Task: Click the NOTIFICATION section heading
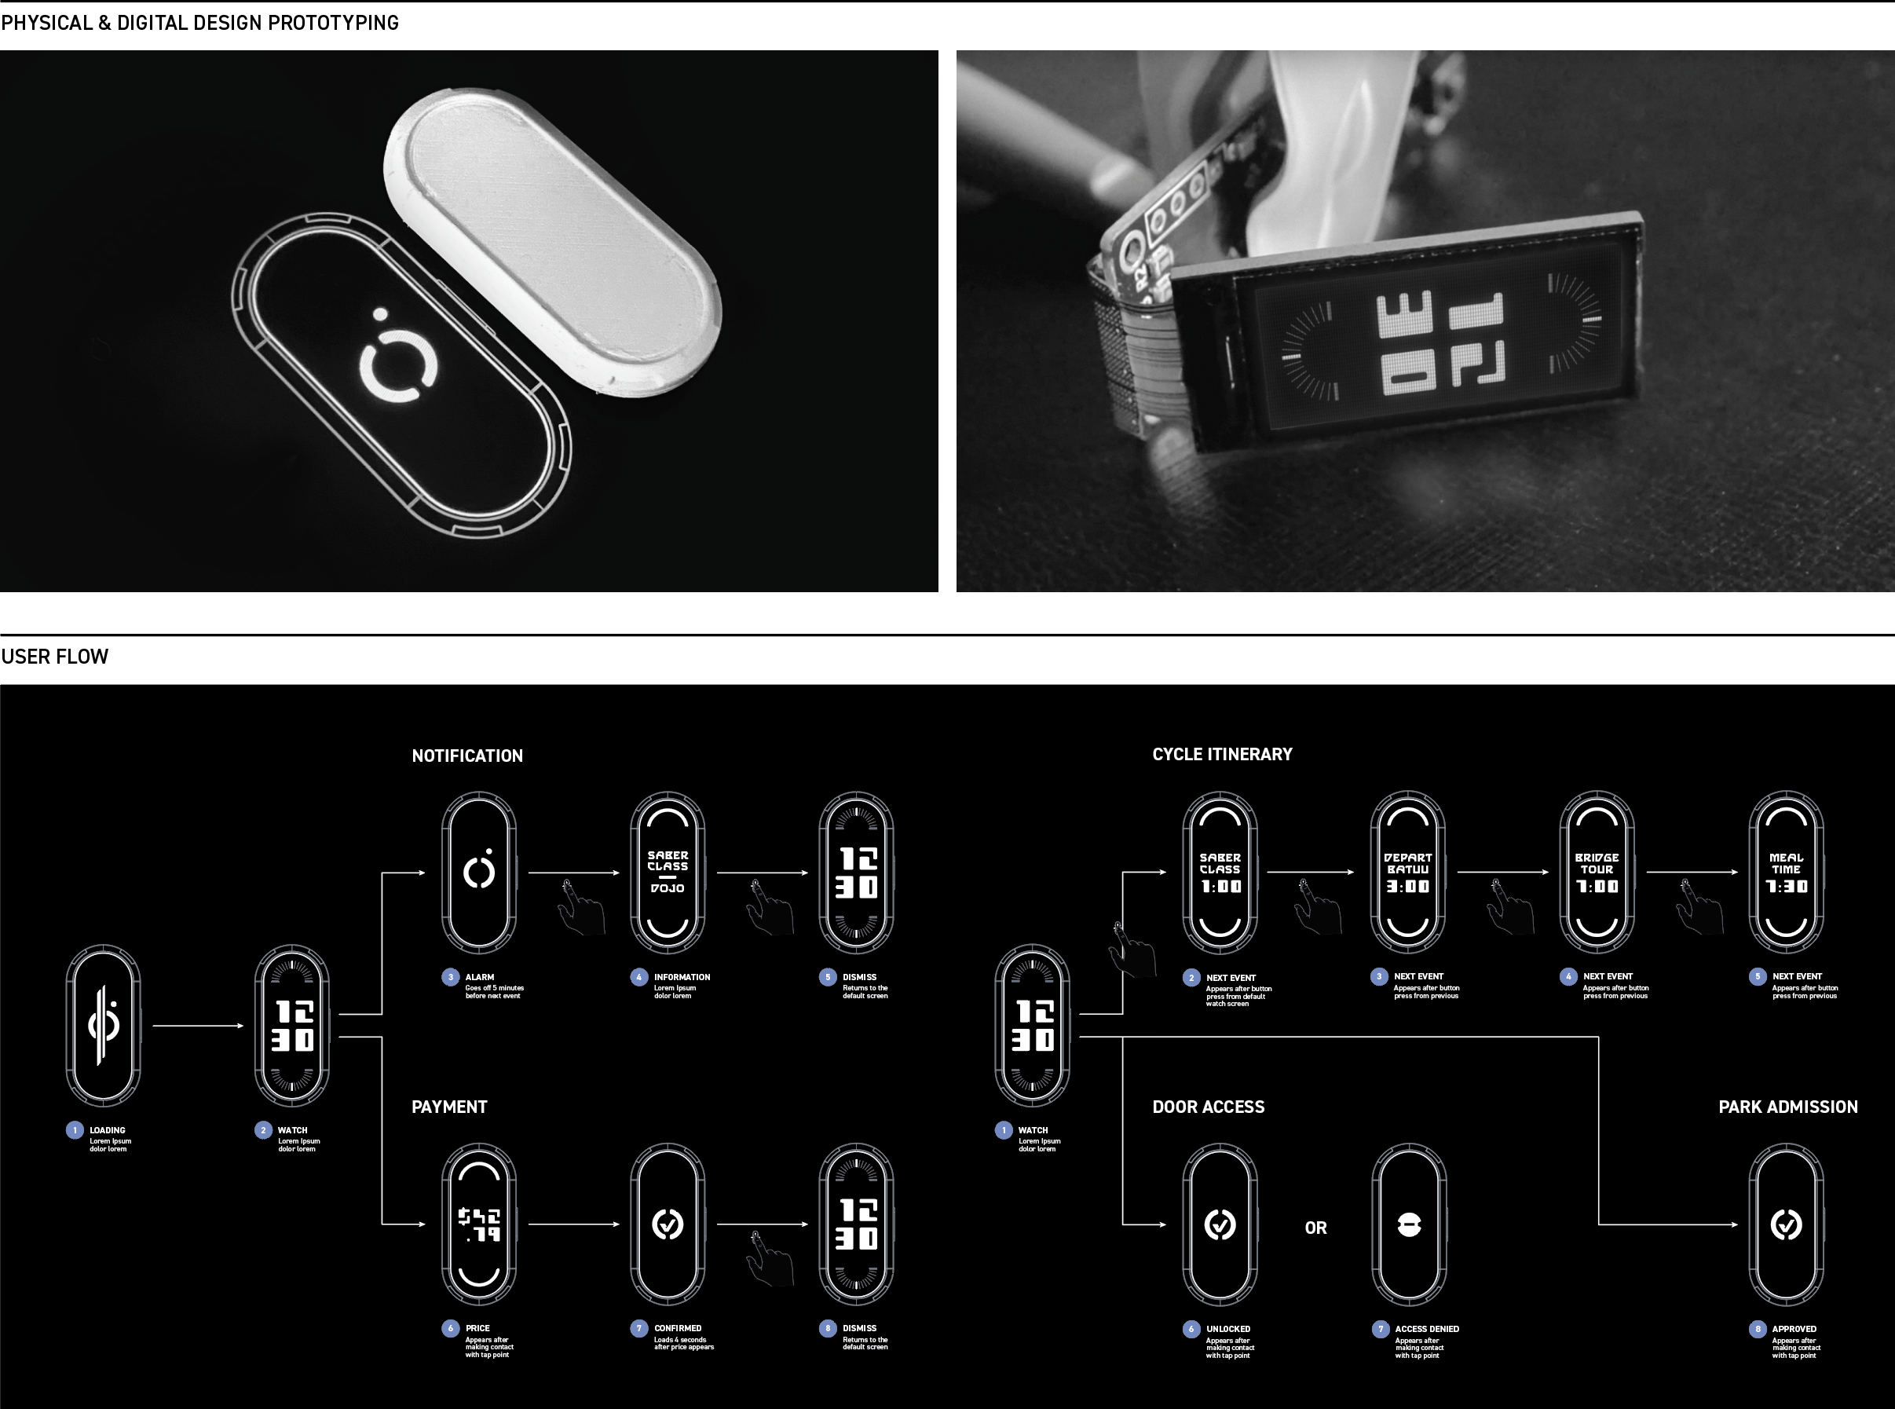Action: click(x=466, y=756)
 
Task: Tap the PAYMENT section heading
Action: click(x=448, y=1107)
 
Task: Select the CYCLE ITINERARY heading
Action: click(x=1221, y=754)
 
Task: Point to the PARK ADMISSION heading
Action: click(x=1787, y=1107)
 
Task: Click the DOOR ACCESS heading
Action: click(x=1208, y=1107)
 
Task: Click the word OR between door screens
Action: click(x=1315, y=1228)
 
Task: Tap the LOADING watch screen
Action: click(x=103, y=1025)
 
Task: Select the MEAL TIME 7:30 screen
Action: click(x=1786, y=872)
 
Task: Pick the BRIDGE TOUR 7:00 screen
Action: click(x=1597, y=872)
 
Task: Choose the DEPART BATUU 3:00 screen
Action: click(x=1407, y=872)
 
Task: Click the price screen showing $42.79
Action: click(x=478, y=1224)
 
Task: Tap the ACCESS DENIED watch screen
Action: click(x=1409, y=1224)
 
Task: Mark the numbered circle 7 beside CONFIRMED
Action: click(x=638, y=1329)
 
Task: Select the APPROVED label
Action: click(x=1794, y=1329)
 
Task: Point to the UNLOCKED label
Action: click(x=1227, y=1329)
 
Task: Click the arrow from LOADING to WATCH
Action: click(x=198, y=1025)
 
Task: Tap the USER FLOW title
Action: click(x=55, y=657)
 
